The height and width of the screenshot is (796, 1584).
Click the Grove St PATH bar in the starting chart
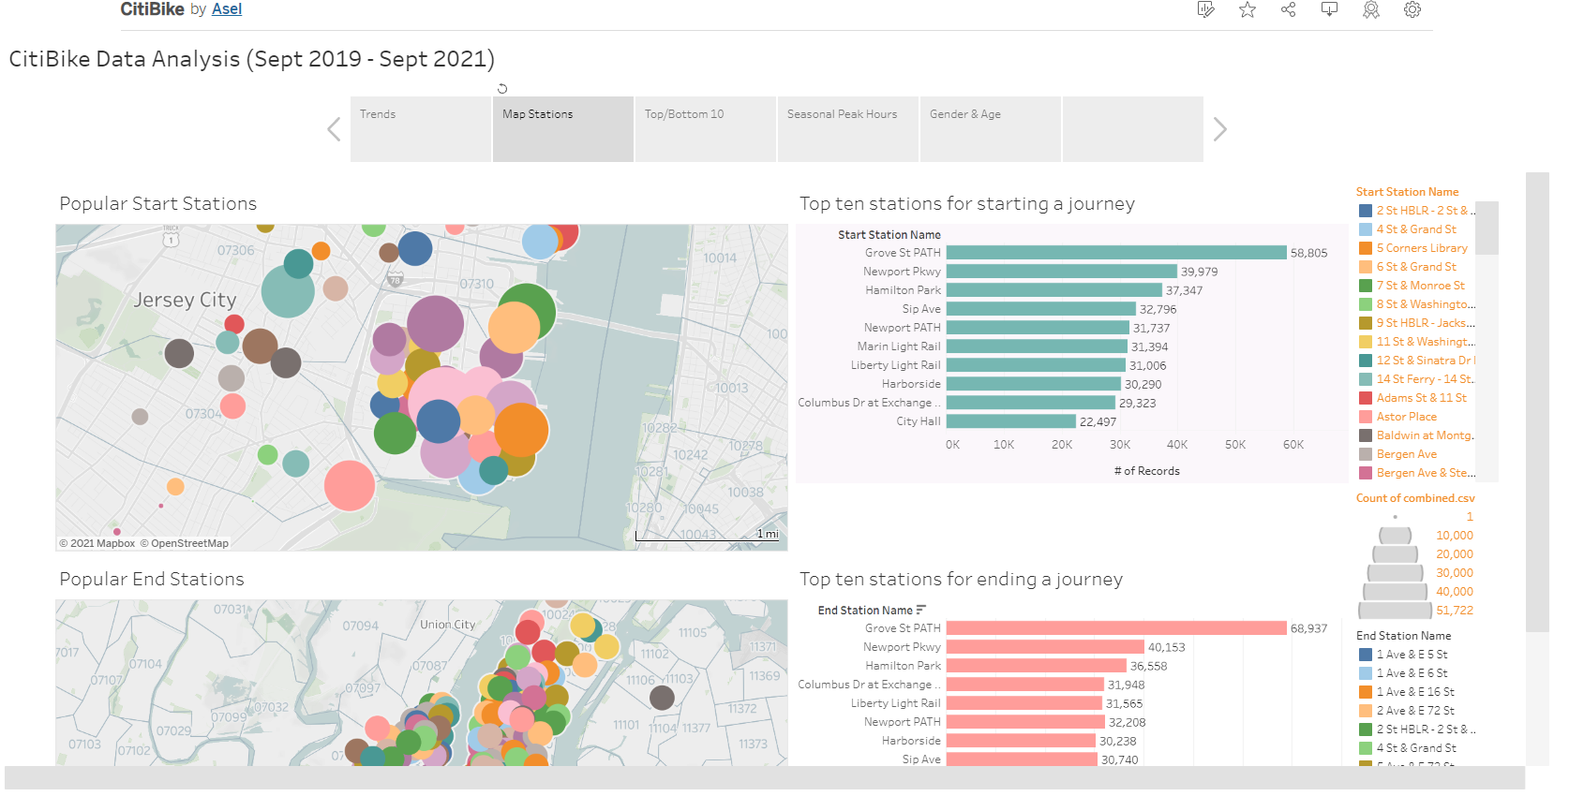pyautogui.click(x=1115, y=253)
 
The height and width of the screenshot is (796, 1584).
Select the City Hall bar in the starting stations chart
pyautogui.click(x=1010, y=421)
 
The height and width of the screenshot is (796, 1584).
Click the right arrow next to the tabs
pyautogui.click(x=1219, y=129)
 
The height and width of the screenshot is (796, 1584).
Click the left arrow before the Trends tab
pyautogui.click(x=334, y=129)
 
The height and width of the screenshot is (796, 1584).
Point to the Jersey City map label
pyautogui.click(x=185, y=300)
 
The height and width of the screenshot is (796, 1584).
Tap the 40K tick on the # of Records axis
pyautogui.click(x=1177, y=445)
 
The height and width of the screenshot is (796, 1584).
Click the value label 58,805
pyautogui.click(x=1308, y=253)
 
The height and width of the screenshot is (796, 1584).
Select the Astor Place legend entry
pyautogui.click(x=1406, y=417)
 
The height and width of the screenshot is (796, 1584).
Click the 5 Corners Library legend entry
pyautogui.click(x=1421, y=248)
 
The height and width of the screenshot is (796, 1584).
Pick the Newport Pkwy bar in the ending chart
pyautogui.click(x=1045, y=647)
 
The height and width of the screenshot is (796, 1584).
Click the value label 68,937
pyautogui.click(x=1308, y=628)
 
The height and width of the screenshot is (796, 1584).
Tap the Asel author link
pyautogui.click(x=227, y=9)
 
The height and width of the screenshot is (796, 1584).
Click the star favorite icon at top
pyautogui.click(x=1248, y=9)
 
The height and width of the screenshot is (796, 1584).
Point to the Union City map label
pyautogui.click(x=447, y=625)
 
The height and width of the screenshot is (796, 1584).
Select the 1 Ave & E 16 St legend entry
pyautogui.click(x=1415, y=692)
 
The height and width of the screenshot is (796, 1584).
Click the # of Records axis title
pyautogui.click(x=1146, y=471)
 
